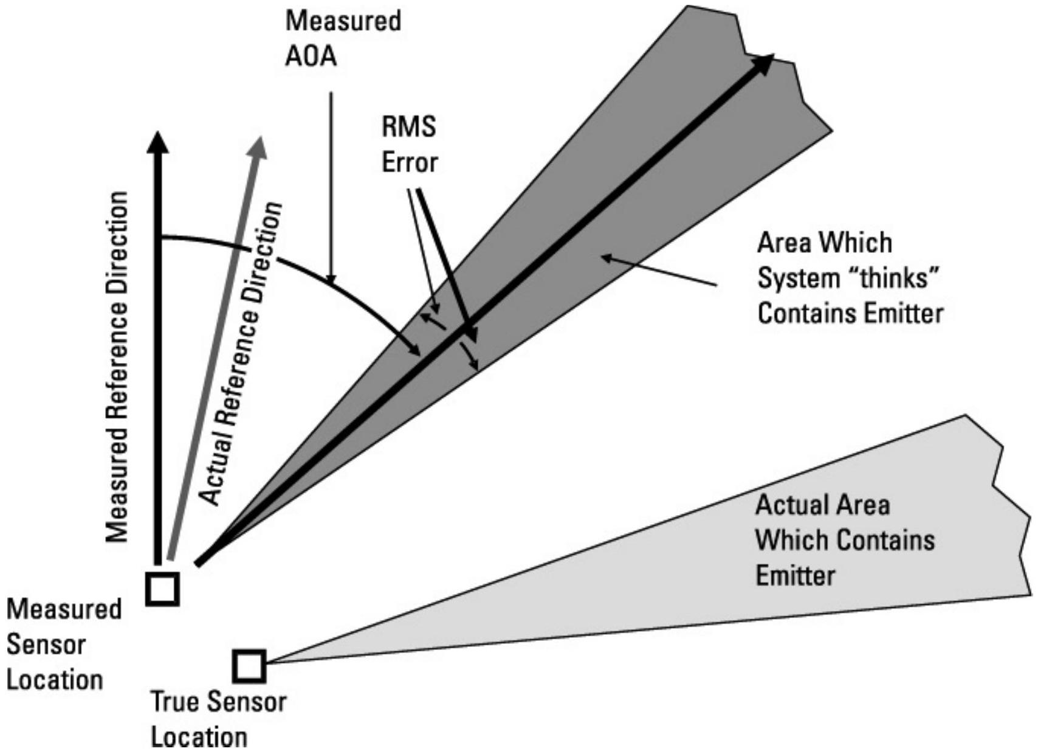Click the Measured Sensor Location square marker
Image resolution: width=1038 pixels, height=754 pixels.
163,589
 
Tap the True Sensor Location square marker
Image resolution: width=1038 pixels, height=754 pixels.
249,666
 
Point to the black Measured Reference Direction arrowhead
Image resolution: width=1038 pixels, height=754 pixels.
159,144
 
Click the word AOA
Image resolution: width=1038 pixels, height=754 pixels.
311,57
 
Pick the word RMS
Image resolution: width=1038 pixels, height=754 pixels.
409,128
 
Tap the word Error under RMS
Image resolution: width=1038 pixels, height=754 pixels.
409,163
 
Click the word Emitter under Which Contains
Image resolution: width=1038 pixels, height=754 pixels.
796,575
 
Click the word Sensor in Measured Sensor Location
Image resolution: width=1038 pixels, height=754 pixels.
46,645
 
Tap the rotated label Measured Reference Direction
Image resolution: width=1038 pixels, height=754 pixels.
117,367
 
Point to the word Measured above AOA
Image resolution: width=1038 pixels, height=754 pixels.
343,21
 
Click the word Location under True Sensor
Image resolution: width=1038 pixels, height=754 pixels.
199,737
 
